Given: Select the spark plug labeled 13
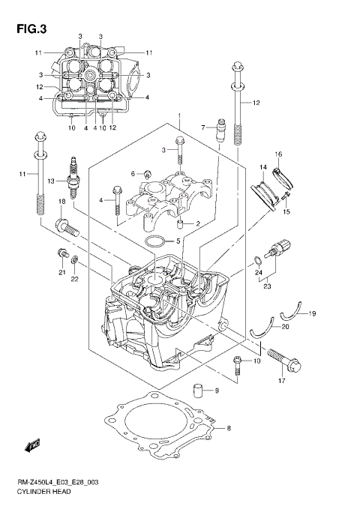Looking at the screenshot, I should tap(74, 172).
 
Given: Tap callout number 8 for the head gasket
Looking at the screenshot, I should tap(229, 428).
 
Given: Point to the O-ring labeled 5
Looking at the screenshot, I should tap(154, 241).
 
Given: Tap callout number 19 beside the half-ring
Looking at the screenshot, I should tap(313, 313).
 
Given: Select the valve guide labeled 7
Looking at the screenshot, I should tap(220, 130).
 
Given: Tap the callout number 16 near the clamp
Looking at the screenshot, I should tap(277, 154).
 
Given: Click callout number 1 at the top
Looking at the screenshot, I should tap(180, 116).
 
